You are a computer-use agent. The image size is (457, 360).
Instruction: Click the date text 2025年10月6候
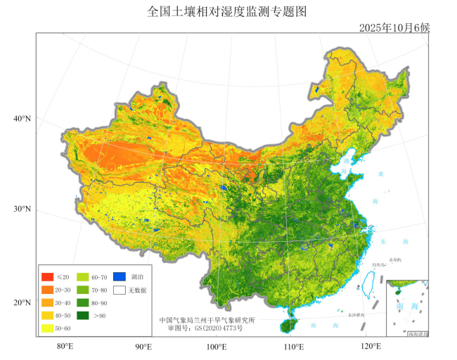(x=394, y=27)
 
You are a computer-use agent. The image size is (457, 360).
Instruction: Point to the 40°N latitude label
(x=22, y=118)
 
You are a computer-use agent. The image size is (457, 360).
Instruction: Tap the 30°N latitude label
(x=22, y=210)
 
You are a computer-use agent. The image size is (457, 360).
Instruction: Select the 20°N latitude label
(x=22, y=303)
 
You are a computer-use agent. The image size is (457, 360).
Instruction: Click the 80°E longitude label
(x=65, y=346)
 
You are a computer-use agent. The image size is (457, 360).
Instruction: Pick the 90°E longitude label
(x=143, y=346)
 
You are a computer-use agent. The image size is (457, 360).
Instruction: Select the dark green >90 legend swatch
(x=83, y=316)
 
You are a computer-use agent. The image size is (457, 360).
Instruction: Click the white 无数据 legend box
(x=120, y=290)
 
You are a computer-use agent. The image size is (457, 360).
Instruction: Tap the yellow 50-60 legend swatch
(x=48, y=328)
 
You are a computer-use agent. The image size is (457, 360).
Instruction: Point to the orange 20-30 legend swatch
(x=48, y=290)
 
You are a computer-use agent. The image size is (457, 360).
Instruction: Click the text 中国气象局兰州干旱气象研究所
(x=207, y=321)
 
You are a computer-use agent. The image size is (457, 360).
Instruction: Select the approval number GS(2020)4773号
(x=205, y=328)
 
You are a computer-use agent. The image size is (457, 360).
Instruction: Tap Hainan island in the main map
(x=288, y=325)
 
